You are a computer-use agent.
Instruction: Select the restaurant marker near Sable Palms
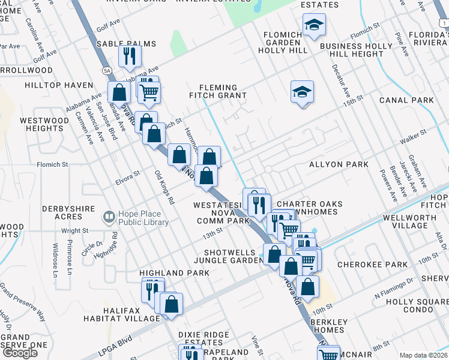pos(129,56)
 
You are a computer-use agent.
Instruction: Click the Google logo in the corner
pos(20,353)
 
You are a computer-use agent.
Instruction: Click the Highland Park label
pos(174,273)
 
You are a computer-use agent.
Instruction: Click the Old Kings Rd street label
pos(164,187)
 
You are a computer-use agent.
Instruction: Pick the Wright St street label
pos(75,230)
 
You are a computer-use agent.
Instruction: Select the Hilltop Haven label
pos(59,86)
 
